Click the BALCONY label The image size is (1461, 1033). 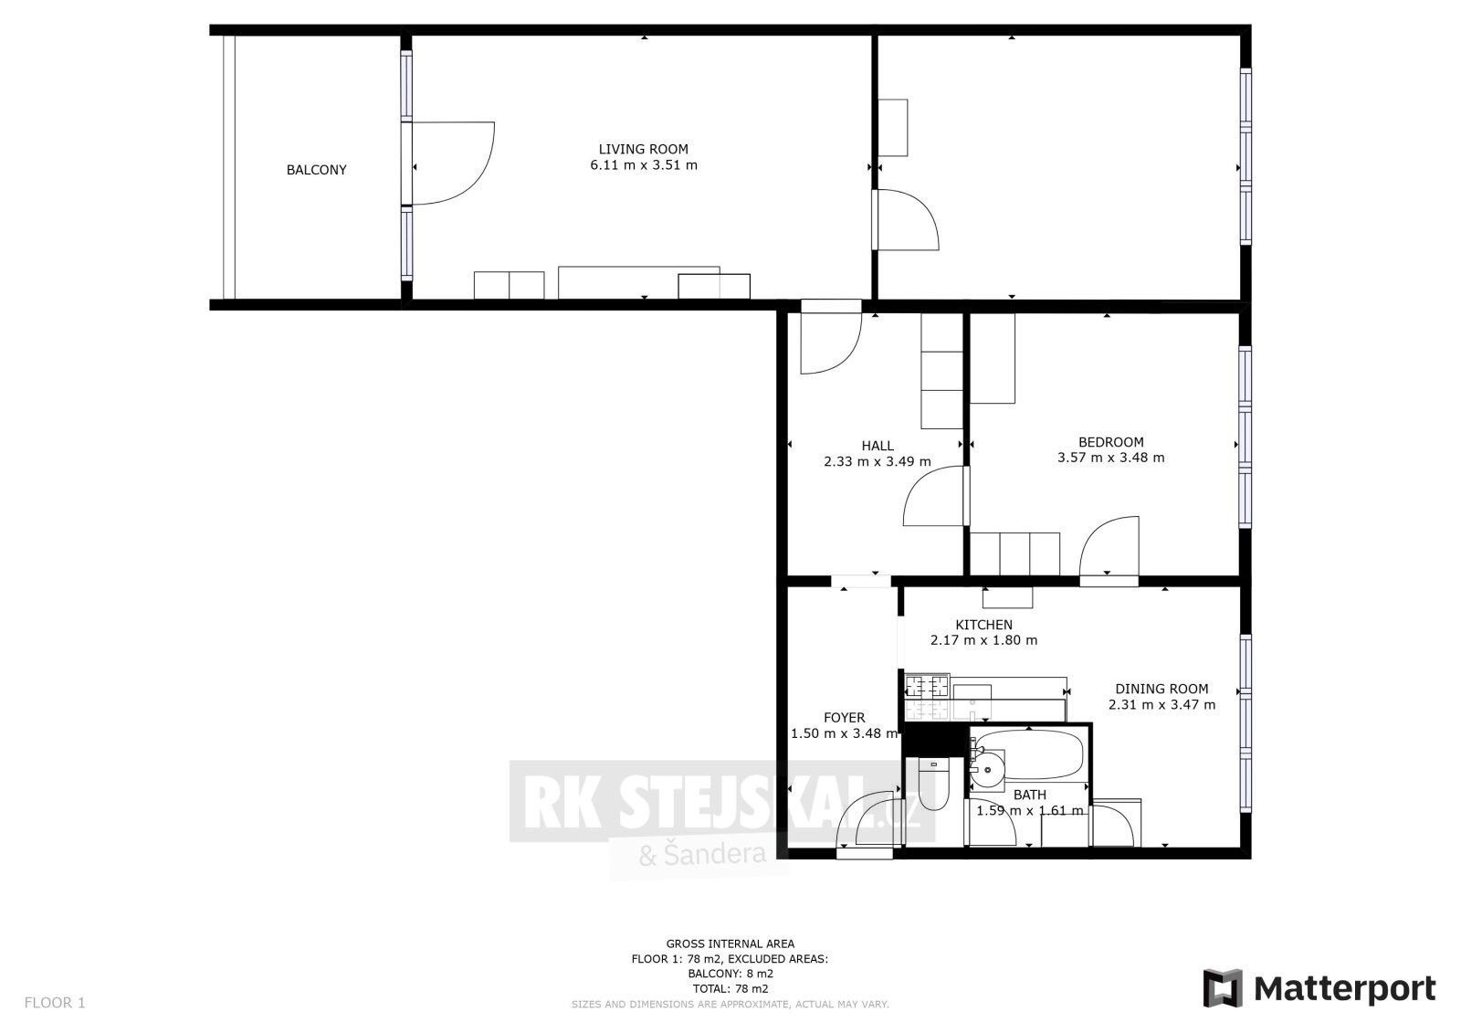(316, 170)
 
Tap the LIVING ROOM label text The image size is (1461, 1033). (643, 149)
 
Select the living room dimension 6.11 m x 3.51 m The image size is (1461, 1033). (643, 165)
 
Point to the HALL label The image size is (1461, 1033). (877, 446)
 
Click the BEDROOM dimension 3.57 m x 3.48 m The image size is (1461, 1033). (1110, 458)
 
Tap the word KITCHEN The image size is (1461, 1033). (983, 625)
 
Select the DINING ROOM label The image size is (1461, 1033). (1161, 689)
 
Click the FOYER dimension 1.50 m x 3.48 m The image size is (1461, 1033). (843, 733)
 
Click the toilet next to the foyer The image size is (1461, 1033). (933, 785)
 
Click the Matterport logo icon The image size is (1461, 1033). (1223, 988)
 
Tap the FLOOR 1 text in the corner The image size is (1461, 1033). (55, 1002)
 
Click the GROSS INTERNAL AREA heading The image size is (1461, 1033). (730, 943)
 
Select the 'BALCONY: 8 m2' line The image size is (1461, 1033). (730, 973)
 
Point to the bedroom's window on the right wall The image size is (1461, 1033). (1245, 437)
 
